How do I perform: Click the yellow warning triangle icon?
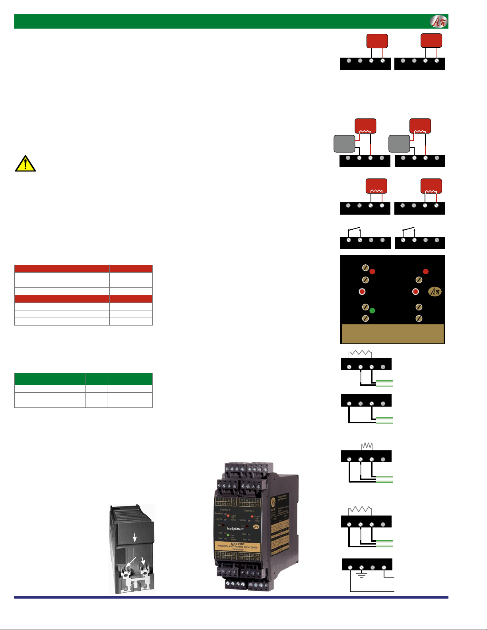(x=25, y=164)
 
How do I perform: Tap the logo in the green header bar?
(x=438, y=21)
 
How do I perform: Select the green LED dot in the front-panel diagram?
(x=372, y=310)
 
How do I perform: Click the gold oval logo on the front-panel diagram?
(x=435, y=291)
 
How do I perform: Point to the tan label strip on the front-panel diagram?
(x=392, y=333)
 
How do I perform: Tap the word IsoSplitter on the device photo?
(x=235, y=529)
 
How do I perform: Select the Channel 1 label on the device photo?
(x=224, y=510)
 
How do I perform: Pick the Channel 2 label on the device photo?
(x=248, y=510)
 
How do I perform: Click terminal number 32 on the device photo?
(x=257, y=559)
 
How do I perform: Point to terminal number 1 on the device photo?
(x=218, y=499)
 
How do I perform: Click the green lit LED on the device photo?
(x=228, y=535)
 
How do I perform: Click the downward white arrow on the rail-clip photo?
(x=135, y=537)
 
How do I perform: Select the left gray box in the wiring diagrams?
(x=344, y=144)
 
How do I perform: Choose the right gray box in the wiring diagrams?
(x=399, y=144)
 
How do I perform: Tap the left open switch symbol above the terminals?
(x=354, y=229)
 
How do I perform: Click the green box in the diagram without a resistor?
(x=384, y=421)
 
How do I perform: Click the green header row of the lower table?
(x=83, y=378)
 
